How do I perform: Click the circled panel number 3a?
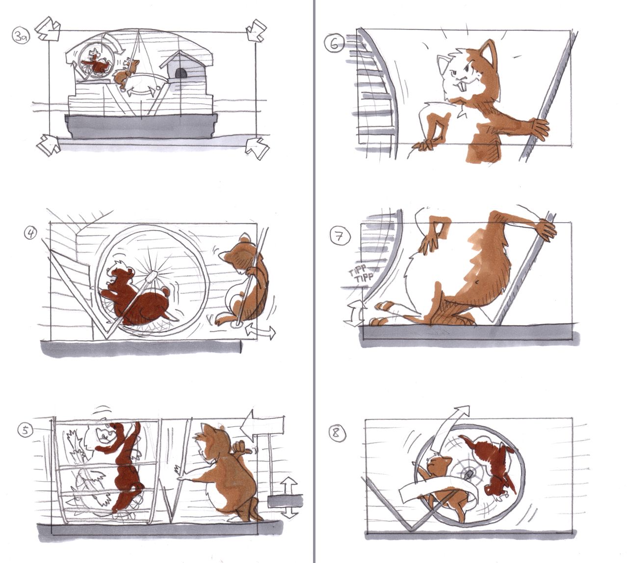pos(19,35)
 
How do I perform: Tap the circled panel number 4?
pos(30,232)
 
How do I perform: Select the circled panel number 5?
pos(25,431)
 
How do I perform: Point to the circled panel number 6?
pos(334,44)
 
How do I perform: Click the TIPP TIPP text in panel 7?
pos(361,275)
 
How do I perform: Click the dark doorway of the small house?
pos(181,74)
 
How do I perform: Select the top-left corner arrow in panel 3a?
pos(47,29)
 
